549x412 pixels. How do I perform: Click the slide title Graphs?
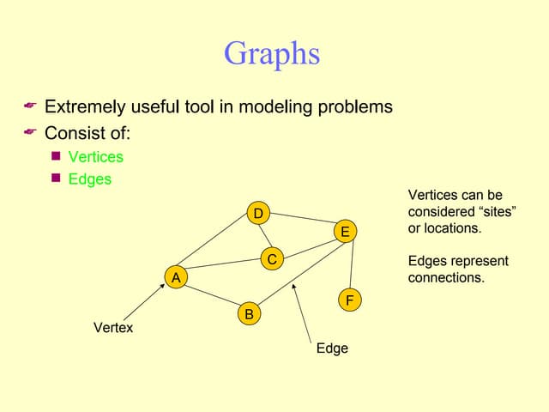[271, 54]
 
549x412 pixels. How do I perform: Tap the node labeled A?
[176, 277]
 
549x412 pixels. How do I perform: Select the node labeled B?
[249, 314]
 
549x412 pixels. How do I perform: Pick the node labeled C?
[271, 258]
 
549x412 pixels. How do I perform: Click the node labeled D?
[256, 213]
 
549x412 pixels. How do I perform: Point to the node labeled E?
[344, 232]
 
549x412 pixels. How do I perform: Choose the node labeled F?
[349, 300]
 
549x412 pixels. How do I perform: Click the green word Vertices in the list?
[95, 157]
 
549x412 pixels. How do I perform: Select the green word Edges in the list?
[89, 179]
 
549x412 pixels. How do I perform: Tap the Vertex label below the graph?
[112, 328]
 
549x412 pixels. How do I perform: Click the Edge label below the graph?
[332, 348]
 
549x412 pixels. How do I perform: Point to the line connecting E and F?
[347, 266]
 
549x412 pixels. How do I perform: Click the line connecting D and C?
[263, 235]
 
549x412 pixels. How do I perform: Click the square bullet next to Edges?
[56, 179]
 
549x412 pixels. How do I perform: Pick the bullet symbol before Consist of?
[29, 132]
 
